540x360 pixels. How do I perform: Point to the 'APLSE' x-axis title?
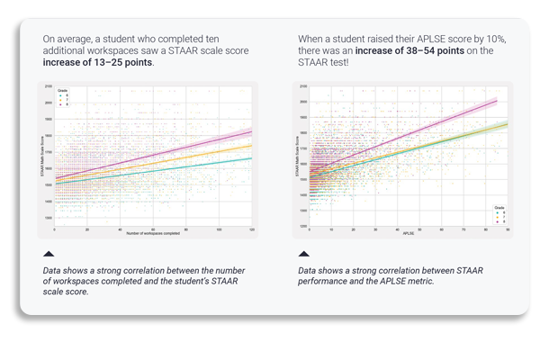(x=407, y=238)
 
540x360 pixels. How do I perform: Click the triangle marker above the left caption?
(x=49, y=255)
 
